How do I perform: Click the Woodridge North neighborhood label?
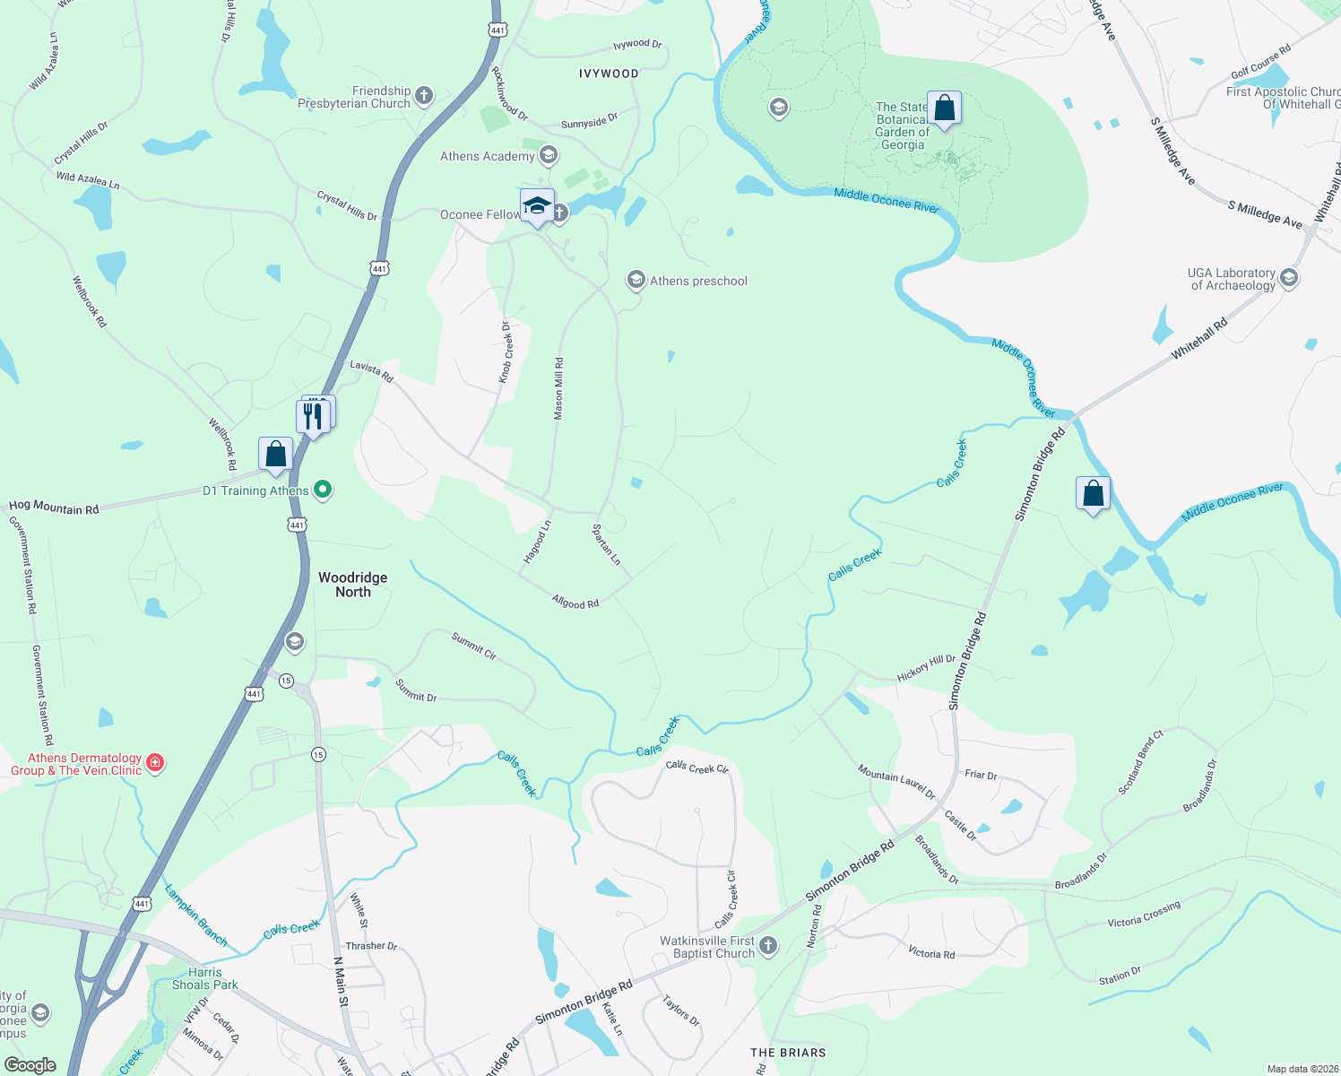point(353,585)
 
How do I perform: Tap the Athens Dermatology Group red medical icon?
point(155,763)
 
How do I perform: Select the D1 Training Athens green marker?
point(324,490)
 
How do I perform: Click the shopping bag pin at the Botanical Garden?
point(944,109)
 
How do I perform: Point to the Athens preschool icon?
point(636,281)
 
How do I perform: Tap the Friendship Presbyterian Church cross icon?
point(424,95)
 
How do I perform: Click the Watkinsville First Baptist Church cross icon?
point(768,945)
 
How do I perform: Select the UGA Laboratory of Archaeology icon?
point(1289,278)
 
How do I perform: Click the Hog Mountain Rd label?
point(54,508)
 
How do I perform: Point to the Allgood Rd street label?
point(575,603)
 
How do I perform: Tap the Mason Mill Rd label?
point(558,388)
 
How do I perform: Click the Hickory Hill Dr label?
point(926,667)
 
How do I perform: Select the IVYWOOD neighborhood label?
point(609,74)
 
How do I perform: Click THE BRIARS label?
point(788,1053)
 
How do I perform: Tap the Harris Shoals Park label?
point(205,978)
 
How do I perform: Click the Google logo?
point(30,1065)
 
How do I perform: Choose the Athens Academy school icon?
point(549,156)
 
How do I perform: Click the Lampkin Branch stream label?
point(196,915)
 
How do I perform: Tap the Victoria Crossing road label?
point(1144,915)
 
